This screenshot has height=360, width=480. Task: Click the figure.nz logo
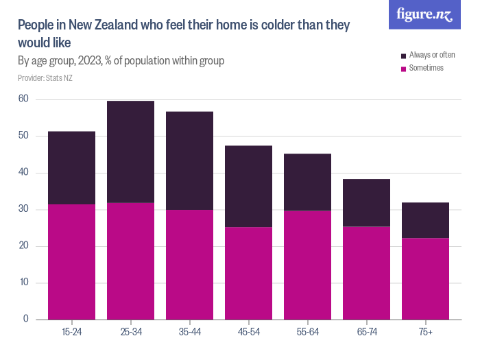(x=424, y=14)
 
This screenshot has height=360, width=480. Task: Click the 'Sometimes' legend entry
(x=426, y=68)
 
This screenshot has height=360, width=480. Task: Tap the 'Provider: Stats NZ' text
(x=45, y=78)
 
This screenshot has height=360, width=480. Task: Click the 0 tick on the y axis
(x=26, y=320)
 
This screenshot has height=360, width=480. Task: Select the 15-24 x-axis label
(x=71, y=333)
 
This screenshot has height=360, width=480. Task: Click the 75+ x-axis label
(x=425, y=333)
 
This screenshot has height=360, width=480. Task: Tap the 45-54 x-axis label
(x=248, y=333)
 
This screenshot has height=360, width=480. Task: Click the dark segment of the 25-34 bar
(x=130, y=152)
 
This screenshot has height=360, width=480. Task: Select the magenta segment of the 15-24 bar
(x=71, y=261)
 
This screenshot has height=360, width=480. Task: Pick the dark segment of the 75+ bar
(x=425, y=220)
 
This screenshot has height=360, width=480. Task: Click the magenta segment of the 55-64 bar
(x=307, y=265)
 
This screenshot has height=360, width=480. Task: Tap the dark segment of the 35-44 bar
(x=189, y=160)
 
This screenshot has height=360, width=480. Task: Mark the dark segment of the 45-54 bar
(x=248, y=186)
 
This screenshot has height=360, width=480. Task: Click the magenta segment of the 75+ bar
(x=425, y=278)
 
